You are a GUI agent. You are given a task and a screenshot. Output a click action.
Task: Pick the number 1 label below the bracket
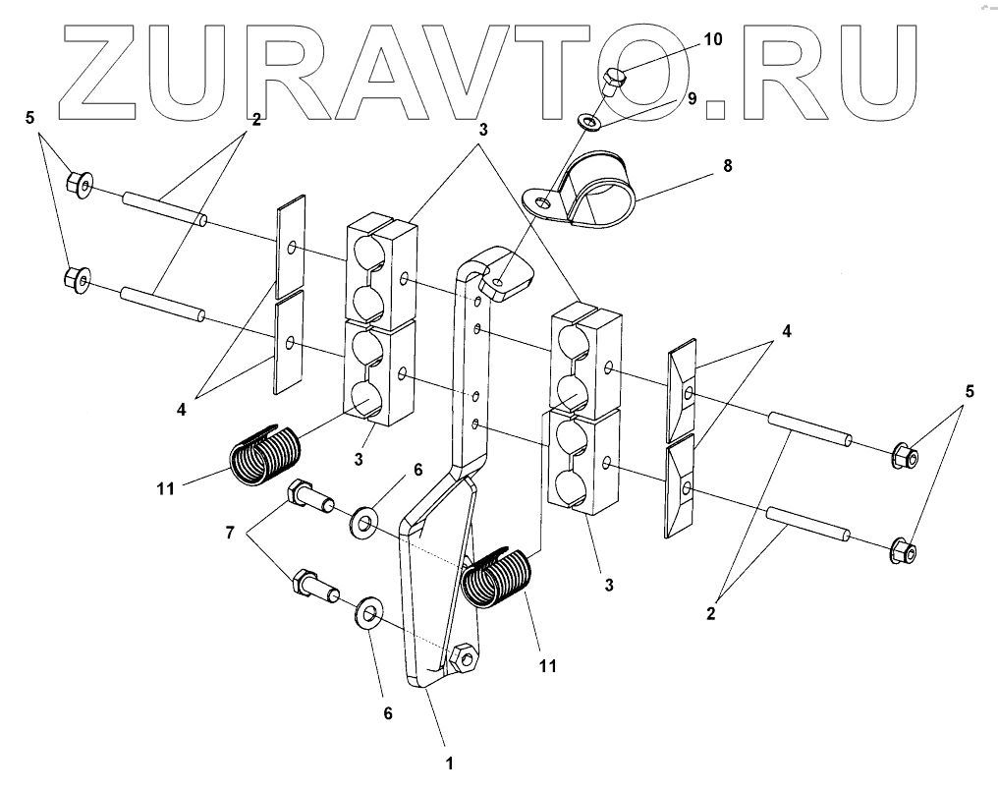[x=449, y=761]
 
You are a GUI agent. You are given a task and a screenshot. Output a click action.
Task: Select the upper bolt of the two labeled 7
[x=308, y=496]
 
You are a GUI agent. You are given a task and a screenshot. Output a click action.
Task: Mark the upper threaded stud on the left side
[x=163, y=209]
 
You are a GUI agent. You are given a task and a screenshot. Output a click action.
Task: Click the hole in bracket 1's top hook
[x=501, y=283]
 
